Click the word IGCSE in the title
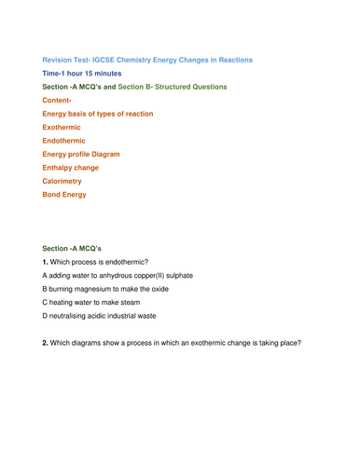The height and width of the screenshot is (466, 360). (107, 60)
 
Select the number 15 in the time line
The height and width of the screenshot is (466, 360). (93, 73)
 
